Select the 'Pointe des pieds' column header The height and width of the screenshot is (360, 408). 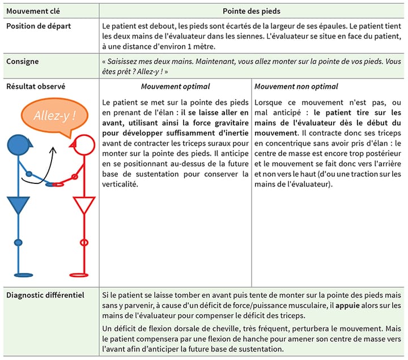pyautogui.click(x=251, y=11)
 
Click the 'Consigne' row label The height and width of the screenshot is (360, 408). pyautogui.click(x=23, y=61)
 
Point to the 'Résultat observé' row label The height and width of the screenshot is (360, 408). pyautogui.click(x=36, y=87)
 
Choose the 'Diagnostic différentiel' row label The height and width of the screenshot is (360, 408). pyautogui.click(x=45, y=295)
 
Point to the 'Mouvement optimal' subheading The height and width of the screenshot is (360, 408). pyautogui.click(x=175, y=87)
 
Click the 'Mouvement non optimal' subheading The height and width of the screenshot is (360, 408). pyautogui.click(x=296, y=87)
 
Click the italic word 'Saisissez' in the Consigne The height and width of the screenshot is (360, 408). pyautogui.click(x=124, y=61)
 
